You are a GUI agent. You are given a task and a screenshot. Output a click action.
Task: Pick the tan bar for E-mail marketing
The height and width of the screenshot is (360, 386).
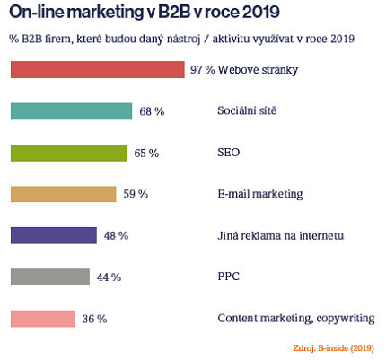click(63, 194)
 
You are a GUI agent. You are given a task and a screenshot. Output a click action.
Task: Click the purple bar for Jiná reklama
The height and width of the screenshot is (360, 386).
click(53, 235)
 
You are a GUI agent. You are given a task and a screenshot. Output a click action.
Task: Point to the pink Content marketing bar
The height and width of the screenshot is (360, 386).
click(42, 318)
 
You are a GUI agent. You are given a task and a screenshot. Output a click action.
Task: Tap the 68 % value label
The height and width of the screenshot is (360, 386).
click(152, 111)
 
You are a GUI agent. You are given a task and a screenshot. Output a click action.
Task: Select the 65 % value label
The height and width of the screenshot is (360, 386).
click(146, 154)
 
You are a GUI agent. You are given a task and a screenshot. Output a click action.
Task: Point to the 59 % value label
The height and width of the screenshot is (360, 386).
click(136, 194)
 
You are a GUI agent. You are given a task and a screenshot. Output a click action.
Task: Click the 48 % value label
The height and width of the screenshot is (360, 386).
click(116, 235)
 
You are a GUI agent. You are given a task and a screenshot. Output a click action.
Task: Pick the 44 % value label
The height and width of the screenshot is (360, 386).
click(109, 277)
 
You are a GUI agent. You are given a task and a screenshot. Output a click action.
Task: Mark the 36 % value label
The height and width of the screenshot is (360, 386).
click(94, 319)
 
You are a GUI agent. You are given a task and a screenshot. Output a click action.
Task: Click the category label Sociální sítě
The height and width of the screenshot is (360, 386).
click(247, 110)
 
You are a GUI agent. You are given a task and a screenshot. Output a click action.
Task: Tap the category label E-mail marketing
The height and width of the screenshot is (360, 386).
click(260, 194)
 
